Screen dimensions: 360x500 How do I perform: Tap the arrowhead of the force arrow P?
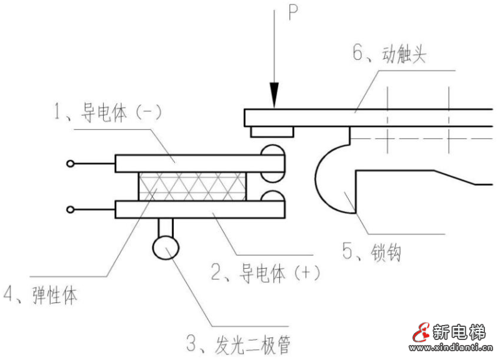point(273,99)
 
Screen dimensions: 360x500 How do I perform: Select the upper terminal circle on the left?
point(70,164)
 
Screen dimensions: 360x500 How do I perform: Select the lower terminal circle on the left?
point(70,209)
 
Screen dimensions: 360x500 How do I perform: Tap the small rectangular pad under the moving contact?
point(272,131)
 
